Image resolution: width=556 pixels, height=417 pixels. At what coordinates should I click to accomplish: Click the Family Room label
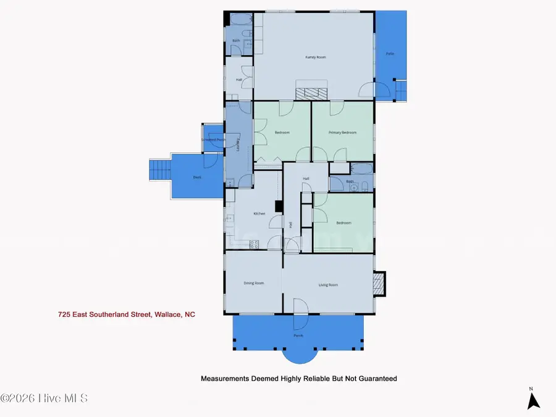tap(315, 57)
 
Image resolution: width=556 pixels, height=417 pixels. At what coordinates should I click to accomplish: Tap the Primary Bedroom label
tap(343, 133)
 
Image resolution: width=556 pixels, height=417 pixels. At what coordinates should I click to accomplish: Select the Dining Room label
tap(254, 284)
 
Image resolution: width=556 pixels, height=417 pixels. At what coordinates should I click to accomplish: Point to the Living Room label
tap(328, 285)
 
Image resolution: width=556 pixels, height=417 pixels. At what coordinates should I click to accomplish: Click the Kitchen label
tap(259, 214)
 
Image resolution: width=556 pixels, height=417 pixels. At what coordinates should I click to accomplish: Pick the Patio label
tap(390, 54)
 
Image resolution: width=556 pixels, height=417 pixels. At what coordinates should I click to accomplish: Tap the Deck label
tap(197, 177)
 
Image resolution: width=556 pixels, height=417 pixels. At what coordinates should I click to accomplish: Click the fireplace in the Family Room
tap(311, 93)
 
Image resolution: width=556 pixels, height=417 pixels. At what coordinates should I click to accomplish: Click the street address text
tap(126, 314)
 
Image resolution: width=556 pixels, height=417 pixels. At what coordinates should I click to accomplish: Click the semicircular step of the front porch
tap(300, 354)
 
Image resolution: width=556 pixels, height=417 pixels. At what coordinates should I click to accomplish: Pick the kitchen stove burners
tap(253, 245)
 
